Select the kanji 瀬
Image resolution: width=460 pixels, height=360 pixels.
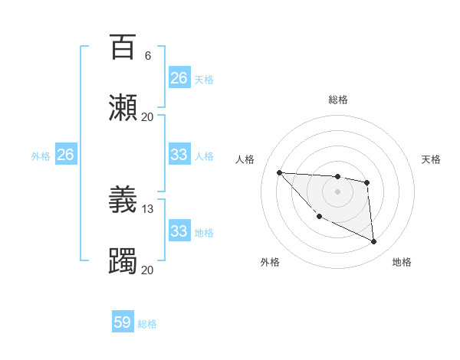click(123, 107)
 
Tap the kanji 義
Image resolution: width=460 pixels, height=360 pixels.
click(123, 200)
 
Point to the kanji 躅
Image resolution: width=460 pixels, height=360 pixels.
click(123, 261)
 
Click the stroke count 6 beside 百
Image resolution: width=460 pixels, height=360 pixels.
click(148, 56)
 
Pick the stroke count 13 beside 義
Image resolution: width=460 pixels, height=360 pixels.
click(148, 208)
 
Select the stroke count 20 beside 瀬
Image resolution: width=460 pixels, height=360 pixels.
click(148, 116)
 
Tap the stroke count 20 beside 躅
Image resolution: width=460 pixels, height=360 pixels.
click(148, 270)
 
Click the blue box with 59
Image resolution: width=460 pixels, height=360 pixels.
click(123, 322)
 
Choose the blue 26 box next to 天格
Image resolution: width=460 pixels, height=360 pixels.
click(179, 78)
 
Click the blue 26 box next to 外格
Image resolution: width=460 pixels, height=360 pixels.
click(65, 155)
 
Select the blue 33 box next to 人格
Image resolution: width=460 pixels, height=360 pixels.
click(179, 155)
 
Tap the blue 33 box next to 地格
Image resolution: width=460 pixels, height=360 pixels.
click(179, 231)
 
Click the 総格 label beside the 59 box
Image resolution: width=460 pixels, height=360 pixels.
click(147, 324)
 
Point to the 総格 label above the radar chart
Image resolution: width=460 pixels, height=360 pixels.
click(337, 100)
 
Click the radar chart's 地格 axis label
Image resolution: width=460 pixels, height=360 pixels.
click(402, 262)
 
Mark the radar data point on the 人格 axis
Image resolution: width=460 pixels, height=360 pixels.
click(279, 172)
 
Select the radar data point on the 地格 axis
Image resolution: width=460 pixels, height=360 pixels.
click(374, 242)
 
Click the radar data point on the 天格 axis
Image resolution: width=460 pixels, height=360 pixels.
click(367, 182)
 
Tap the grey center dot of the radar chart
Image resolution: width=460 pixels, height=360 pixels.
click(337, 191)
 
